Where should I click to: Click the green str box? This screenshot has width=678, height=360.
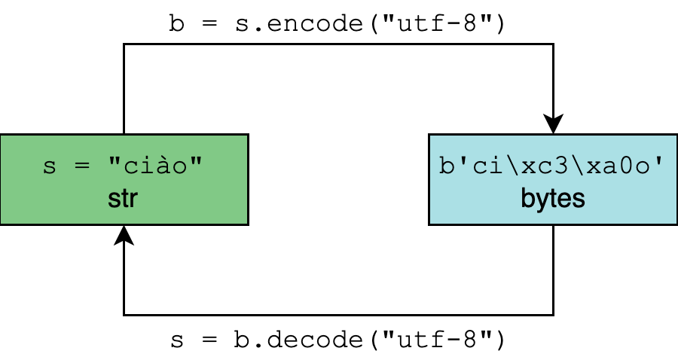(x=124, y=179)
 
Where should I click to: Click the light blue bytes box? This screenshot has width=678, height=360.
(x=553, y=179)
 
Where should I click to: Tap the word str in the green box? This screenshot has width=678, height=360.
(x=124, y=200)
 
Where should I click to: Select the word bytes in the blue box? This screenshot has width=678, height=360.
(x=553, y=200)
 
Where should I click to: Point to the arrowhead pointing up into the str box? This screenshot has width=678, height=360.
(x=124, y=236)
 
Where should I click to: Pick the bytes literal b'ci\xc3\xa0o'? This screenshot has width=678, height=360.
(x=553, y=166)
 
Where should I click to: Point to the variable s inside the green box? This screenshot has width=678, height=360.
(x=50, y=166)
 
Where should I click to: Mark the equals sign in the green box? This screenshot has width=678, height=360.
(x=80, y=166)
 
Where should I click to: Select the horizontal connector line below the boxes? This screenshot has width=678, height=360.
(x=339, y=314)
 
